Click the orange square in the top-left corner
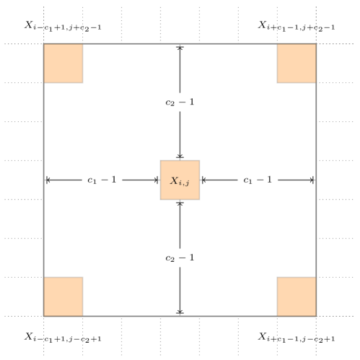pos(63,63)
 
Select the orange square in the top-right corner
pos(297,63)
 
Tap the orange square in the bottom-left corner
pos(63,297)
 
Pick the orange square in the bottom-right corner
pos(297,297)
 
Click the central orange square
pos(180,180)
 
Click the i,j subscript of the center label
pos(185,183)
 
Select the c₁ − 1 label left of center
pos(102,180)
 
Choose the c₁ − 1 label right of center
pos(258,180)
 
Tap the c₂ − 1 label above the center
pos(180,102)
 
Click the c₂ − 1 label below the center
pos(180,258)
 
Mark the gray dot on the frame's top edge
pos(180,45)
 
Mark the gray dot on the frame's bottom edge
pos(180,315)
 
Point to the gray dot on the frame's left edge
pos(45,180)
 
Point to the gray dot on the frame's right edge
pos(315,180)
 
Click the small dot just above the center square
pos(180,159)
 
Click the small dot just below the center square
pos(180,201)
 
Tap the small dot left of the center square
pos(159,180)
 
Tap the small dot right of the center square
pos(201,180)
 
